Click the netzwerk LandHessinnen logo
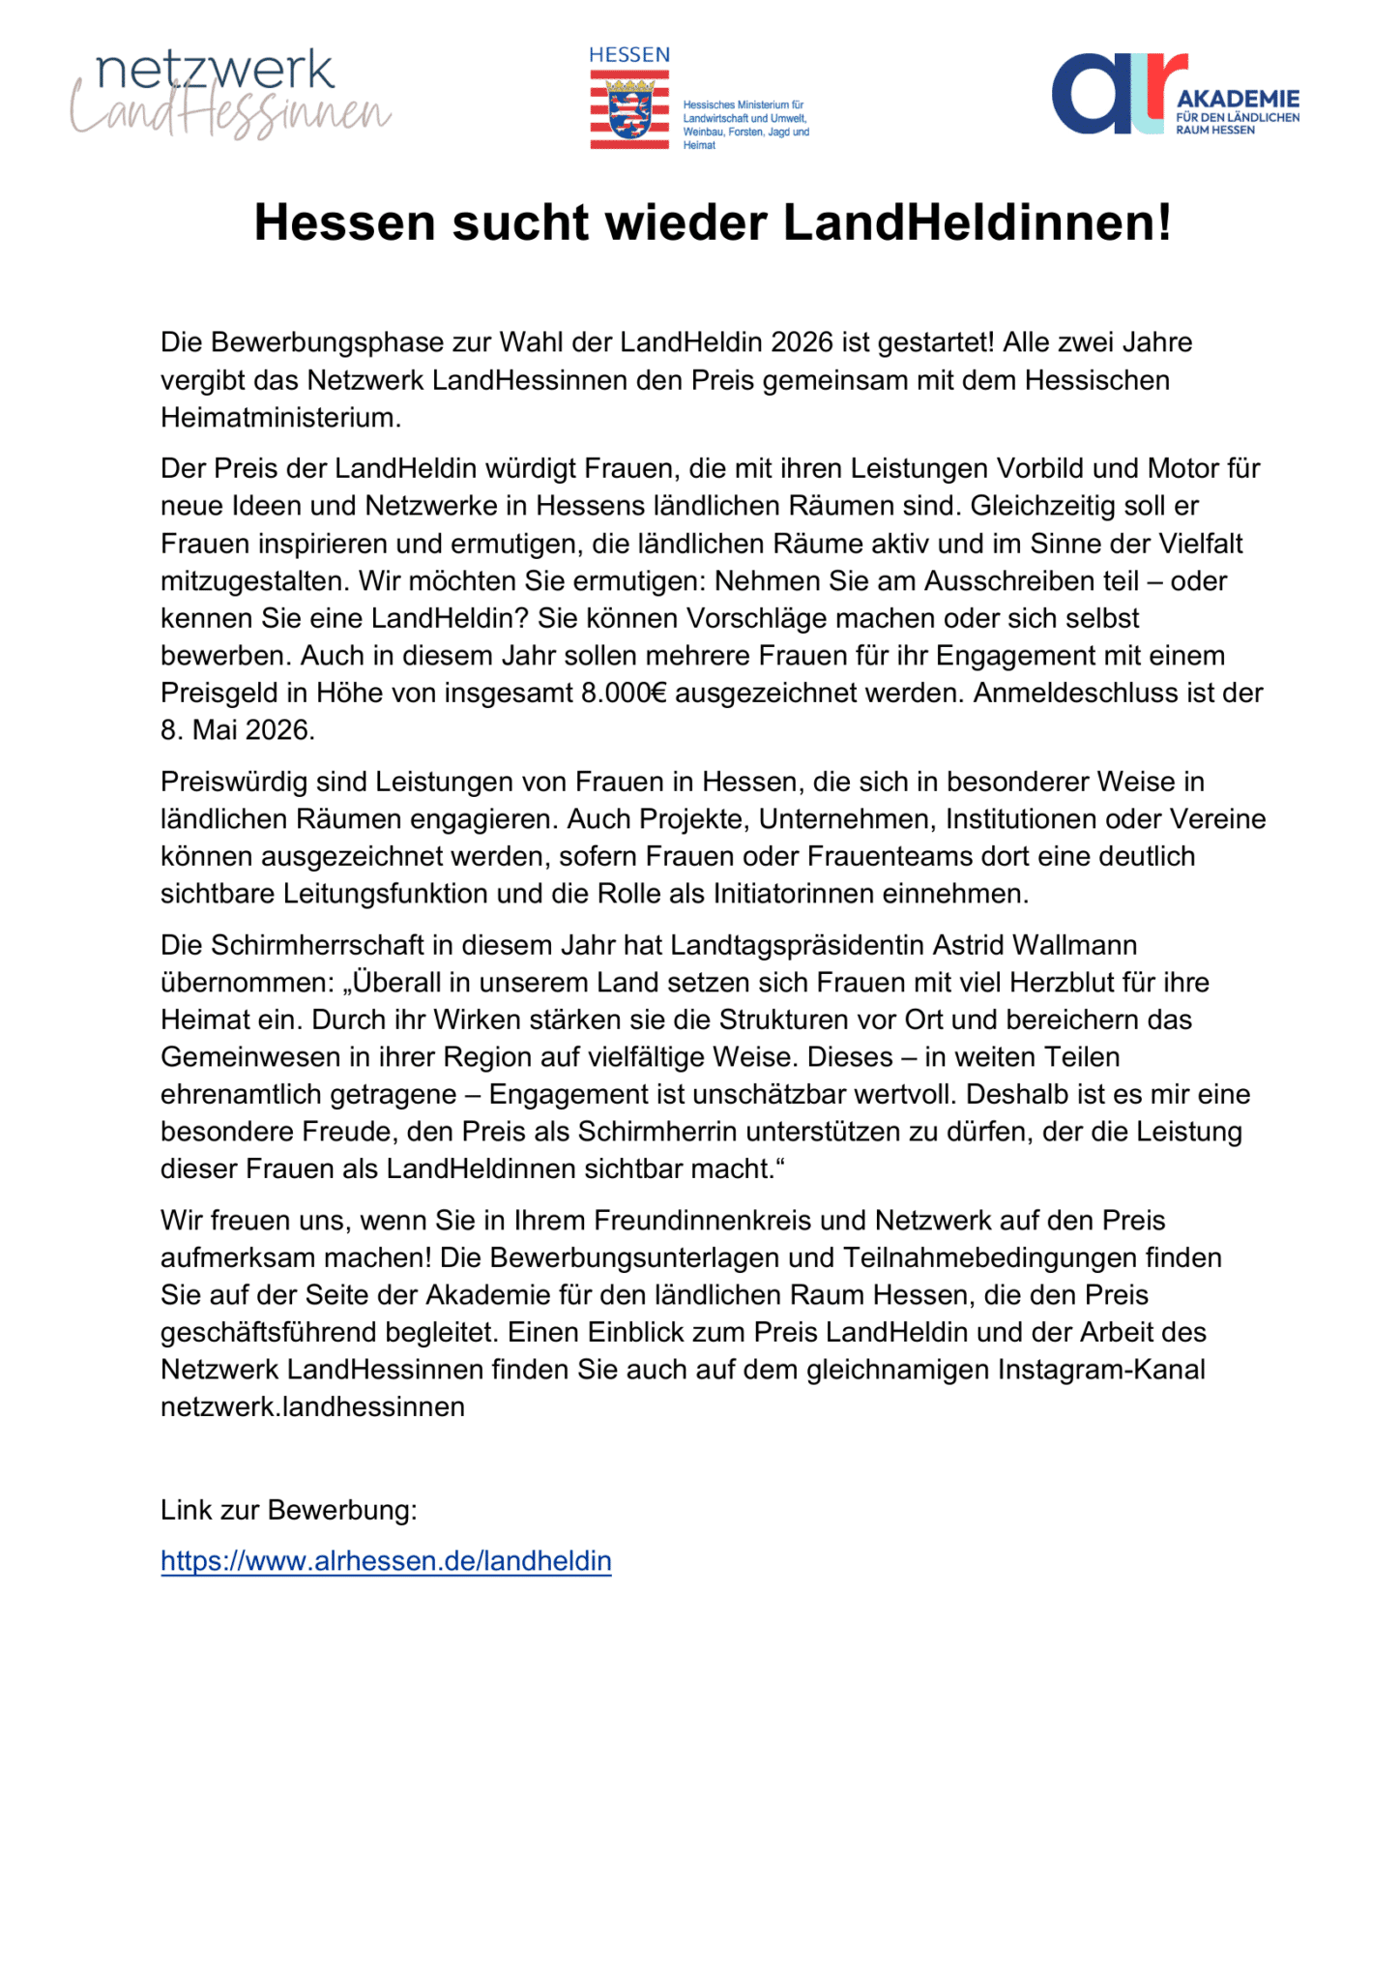pos(230,95)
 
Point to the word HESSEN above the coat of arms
pos(629,55)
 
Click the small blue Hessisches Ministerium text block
pos(745,125)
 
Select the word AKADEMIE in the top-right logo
pos(1238,99)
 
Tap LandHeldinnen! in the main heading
pos(977,222)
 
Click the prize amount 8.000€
pos(624,693)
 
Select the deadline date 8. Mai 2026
pos(238,730)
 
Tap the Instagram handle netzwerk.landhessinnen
pos(312,1406)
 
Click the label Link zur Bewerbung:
pos(289,1510)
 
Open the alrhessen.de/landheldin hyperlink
pos(386,1561)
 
